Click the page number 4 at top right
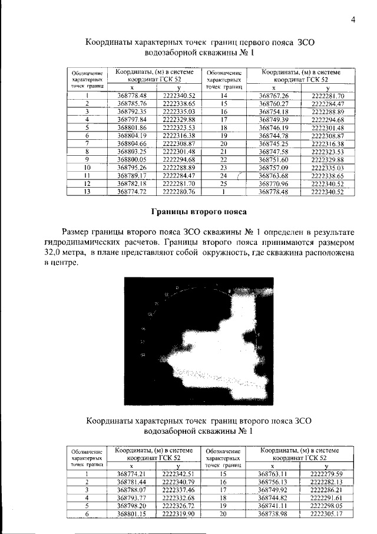coord(353,19)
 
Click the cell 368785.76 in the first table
coord(131,103)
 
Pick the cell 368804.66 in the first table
coord(131,143)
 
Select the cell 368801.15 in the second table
coord(131,514)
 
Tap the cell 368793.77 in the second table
coord(131,497)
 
